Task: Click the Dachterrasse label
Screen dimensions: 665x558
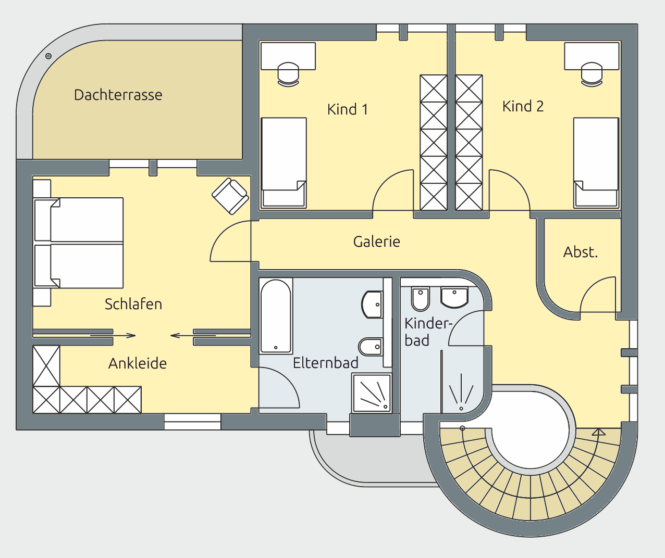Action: point(118,95)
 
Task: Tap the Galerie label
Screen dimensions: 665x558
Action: point(376,242)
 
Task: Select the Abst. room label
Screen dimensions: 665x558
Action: point(580,252)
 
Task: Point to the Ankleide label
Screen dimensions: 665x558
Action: point(137,363)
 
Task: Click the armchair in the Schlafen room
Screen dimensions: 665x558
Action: point(230,196)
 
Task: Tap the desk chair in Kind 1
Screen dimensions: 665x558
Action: point(288,74)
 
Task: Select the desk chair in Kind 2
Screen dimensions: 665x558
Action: point(592,74)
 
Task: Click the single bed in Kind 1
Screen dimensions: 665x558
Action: point(284,163)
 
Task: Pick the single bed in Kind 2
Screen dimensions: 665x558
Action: point(596,163)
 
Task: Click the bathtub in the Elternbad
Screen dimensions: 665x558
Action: point(276,316)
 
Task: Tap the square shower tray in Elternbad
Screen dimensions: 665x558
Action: point(372,392)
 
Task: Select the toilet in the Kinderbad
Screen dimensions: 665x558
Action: point(421,299)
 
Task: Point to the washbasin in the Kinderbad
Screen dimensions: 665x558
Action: point(454,297)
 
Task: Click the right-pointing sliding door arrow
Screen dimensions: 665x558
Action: point(113,335)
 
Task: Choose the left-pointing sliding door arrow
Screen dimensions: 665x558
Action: point(193,335)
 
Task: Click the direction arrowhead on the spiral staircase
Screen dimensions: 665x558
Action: point(598,432)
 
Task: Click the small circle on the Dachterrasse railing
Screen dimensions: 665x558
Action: point(48,56)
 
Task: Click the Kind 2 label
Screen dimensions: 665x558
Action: point(523,106)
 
